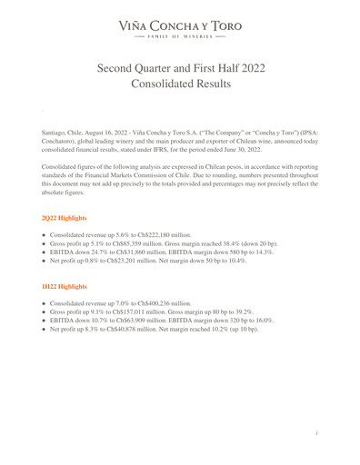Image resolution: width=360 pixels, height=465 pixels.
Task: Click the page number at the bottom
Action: coord(315,434)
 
